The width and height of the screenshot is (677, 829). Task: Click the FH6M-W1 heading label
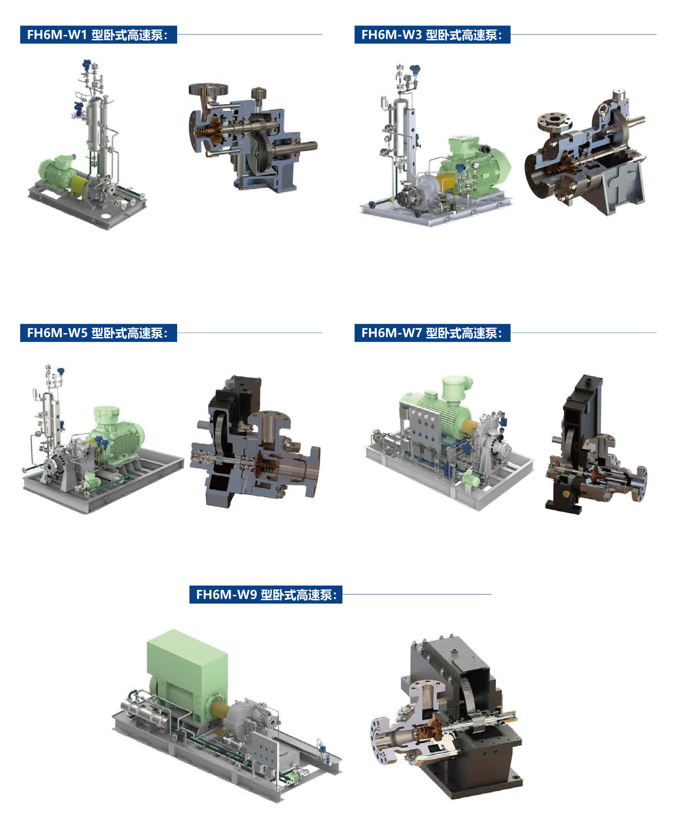98,34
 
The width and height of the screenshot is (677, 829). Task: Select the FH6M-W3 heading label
432,34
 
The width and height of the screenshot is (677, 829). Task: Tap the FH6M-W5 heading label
98,333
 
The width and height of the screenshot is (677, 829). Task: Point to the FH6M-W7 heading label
432,333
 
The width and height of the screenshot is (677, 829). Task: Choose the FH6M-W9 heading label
266,595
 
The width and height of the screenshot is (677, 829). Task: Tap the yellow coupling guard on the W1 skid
80,185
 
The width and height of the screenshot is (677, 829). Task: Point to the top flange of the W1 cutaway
208,89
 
